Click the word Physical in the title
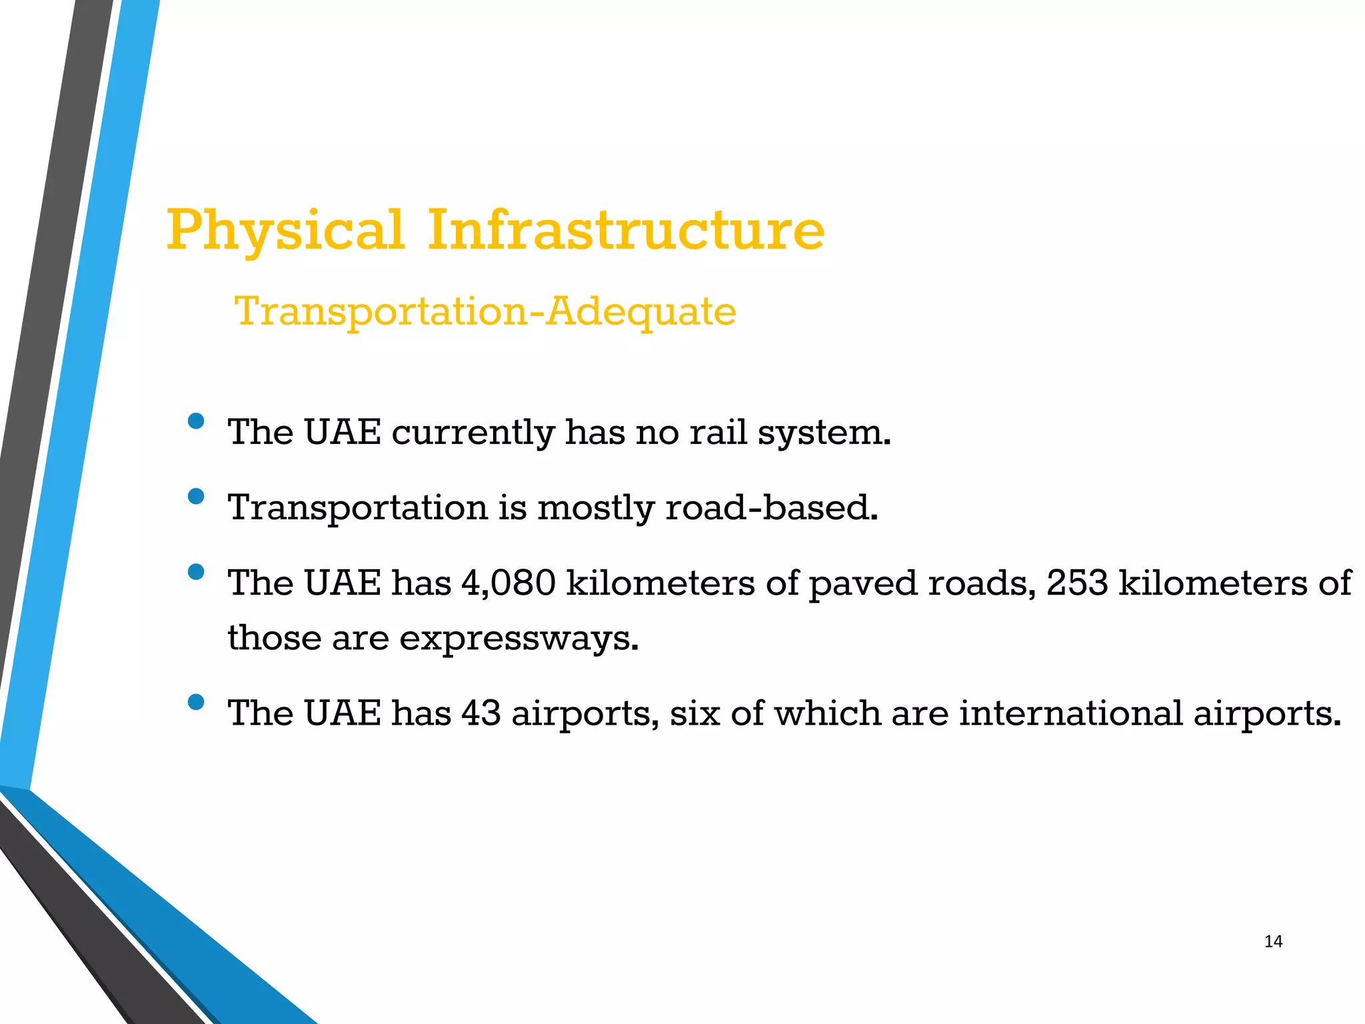pyautogui.click(x=285, y=231)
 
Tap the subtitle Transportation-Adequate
pyautogui.click(x=485, y=311)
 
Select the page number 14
pyautogui.click(x=1273, y=941)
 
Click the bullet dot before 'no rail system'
pyautogui.click(x=196, y=421)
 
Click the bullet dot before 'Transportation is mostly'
pyautogui.click(x=196, y=496)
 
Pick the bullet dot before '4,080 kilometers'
pyautogui.click(x=196, y=571)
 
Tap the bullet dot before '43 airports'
pyautogui.click(x=196, y=701)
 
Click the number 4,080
pyautogui.click(x=508, y=583)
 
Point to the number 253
pyautogui.click(x=1076, y=583)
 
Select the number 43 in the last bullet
pyautogui.click(x=481, y=713)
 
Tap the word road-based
pyautogui.click(x=772, y=507)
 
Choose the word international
pyautogui.click(x=1071, y=713)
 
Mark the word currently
pyautogui.click(x=473, y=433)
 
